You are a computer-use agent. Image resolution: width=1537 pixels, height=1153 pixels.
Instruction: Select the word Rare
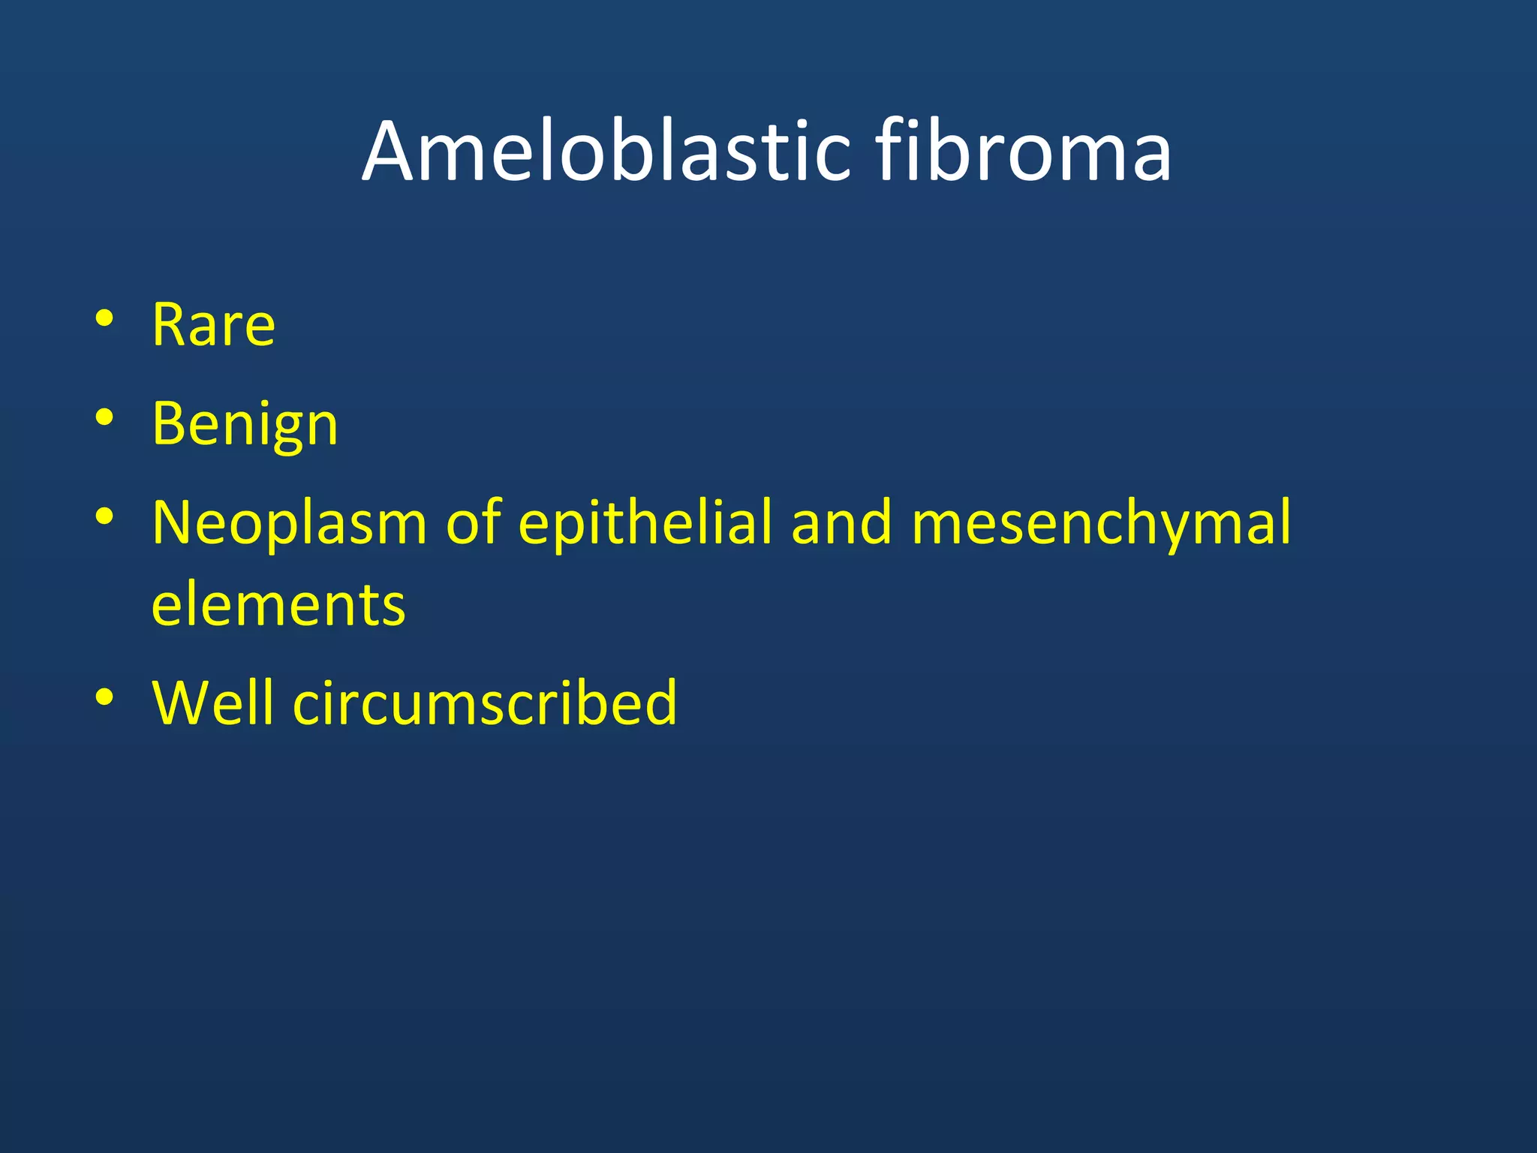pos(213,325)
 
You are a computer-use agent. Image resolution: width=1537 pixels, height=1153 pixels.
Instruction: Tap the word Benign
pos(245,425)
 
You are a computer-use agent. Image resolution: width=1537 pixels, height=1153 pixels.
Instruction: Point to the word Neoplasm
pos(289,523)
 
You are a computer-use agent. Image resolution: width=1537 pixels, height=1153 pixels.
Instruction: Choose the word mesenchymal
pos(1101,523)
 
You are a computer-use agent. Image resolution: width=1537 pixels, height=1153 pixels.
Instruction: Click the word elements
pos(278,605)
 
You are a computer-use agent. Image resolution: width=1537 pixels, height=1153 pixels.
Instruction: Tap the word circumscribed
pos(485,703)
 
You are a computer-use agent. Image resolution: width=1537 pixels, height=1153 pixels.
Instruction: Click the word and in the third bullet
pos(842,523)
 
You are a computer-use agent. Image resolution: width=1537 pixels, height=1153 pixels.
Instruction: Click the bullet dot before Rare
pos(104,318)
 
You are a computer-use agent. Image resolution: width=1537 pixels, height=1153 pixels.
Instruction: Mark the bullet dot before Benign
pos(104,417)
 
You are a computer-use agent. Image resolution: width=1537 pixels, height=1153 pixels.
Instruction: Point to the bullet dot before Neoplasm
pos(104,516)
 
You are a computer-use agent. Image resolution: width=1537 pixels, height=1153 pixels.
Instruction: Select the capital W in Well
pos(180,703)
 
